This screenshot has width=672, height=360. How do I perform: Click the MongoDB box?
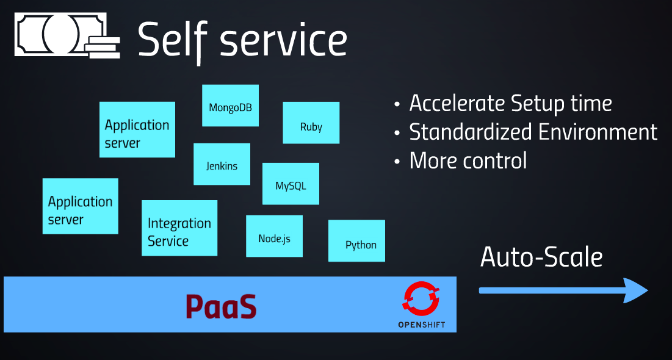(230, 106)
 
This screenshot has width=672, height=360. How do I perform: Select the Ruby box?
(311, 123)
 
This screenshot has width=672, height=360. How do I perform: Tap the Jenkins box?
(222, 164)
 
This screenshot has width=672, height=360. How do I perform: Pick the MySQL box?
(291, 184)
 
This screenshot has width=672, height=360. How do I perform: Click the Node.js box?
(274, 236)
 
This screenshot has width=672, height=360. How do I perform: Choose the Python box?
(356, 241)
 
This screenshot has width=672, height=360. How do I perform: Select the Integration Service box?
(179, 228)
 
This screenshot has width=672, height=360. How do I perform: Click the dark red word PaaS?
(221, 306)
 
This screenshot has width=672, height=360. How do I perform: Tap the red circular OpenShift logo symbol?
(421, 299)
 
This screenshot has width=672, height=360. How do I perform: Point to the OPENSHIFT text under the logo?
(421, 325)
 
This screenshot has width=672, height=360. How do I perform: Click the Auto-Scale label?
(541, 257)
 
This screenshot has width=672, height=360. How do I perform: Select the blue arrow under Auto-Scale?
(563, 290)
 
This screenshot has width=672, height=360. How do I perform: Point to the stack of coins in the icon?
(103, 47)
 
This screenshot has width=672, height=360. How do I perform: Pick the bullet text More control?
(468, 160)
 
